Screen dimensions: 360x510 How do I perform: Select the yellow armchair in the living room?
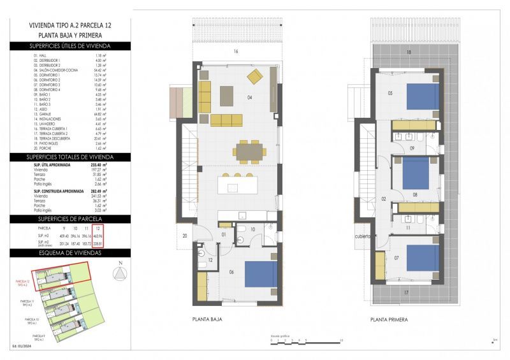coord(255,78)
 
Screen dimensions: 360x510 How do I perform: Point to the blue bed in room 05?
coord(423,96)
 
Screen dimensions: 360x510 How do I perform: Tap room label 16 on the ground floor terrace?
coord(235,51)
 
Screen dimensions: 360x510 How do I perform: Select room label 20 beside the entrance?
coord(184,236)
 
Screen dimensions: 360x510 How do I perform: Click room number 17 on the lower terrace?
coord(407,292)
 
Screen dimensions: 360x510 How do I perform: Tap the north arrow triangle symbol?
coord(119,273)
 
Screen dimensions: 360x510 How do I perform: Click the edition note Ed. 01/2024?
coord(22,346)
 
